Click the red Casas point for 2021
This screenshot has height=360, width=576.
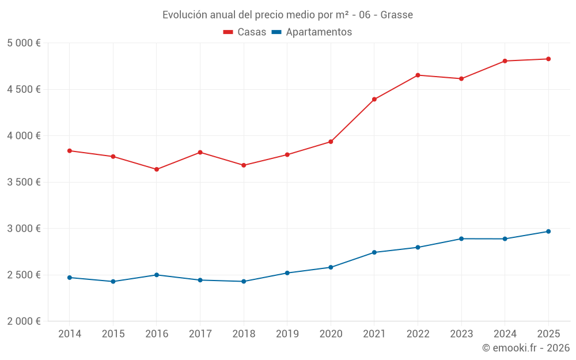pyautogui.click(x=374, y=100)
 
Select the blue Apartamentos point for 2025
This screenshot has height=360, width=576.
pyautogui.click(x=548, y=232)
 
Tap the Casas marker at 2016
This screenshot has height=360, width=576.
pyautogui.click(x=157, y=169)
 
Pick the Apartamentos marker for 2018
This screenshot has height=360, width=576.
pyautogui.click(x=244, y=282)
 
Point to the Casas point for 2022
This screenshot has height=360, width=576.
pyautogui.click(x=418, y=75)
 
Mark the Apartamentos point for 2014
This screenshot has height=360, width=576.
pyautogui.click(x=70, y=278)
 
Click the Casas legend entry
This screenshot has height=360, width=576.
pyautogui.click(x=245, y=32)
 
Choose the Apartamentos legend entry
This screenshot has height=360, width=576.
pyautogui.click(x=312, y=32)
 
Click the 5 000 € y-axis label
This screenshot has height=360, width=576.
pyautogui.click(x=24, y=43)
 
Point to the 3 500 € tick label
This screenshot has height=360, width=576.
pyautogui.click(x=24, y=182)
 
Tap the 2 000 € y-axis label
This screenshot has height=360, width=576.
pyautogui.click(x=24, y=321)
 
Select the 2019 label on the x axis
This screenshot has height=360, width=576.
pyautogui.click(x=287, y=334)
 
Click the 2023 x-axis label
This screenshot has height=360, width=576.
pyautogui.click(x=461, y=334)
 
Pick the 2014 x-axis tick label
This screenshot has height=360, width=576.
pyautogui.click(x=70, y=334)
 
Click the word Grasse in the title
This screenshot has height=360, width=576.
pyautogui.click(x=397, y=15)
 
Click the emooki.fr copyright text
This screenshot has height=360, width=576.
pyautogui.click(x=526, y=348)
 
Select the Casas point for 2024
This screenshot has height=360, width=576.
pyautogui.click(x=505, y=61)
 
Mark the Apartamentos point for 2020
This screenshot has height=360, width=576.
pyautogui.click(x=331, y=267)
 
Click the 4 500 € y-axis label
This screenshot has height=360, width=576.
pyautogui.click(x=24, y=89)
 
